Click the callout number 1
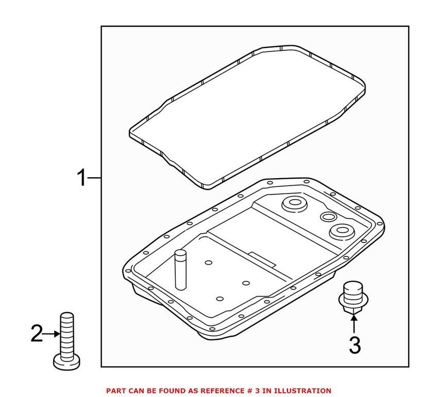tap(81, 178)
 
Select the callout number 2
tap(37, 333)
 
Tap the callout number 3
tap(355, 346)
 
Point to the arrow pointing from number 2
tap(52, 334)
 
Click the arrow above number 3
tap(353, 324)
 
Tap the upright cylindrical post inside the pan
tap(180, 269)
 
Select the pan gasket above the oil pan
tap(247, 117)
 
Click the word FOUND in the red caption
tap(180, 391)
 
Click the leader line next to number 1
tap(94, 178)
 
